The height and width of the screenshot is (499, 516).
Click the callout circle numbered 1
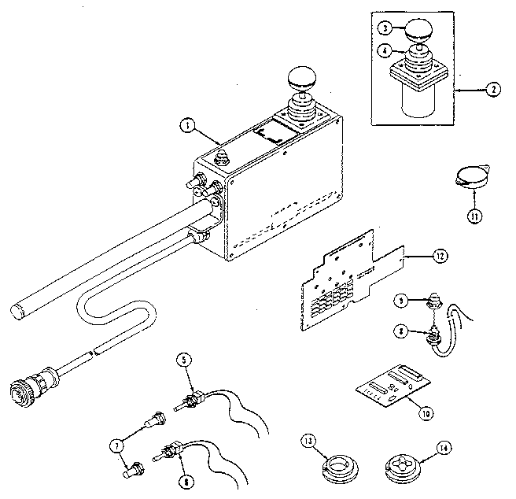(186, 124)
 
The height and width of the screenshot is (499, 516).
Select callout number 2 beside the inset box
(491, 89)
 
